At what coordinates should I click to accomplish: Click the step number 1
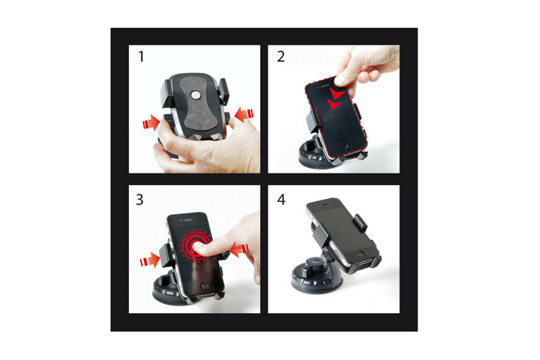coord(140,57)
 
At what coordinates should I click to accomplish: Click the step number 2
coord(280,57)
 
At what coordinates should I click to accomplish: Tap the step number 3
coord(140,199)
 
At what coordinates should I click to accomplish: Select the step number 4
coord(281,199)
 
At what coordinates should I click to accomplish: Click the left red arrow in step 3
coord(148,262)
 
